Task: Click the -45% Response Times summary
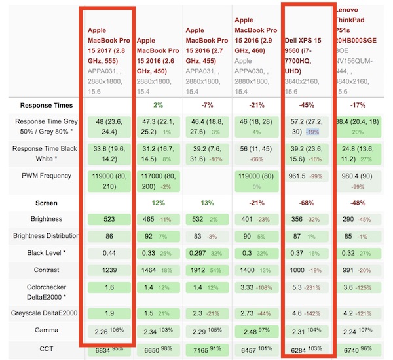(x=306, y=105)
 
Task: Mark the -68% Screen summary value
(x=306, y=203)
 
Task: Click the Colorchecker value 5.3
(x=296, y=287)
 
